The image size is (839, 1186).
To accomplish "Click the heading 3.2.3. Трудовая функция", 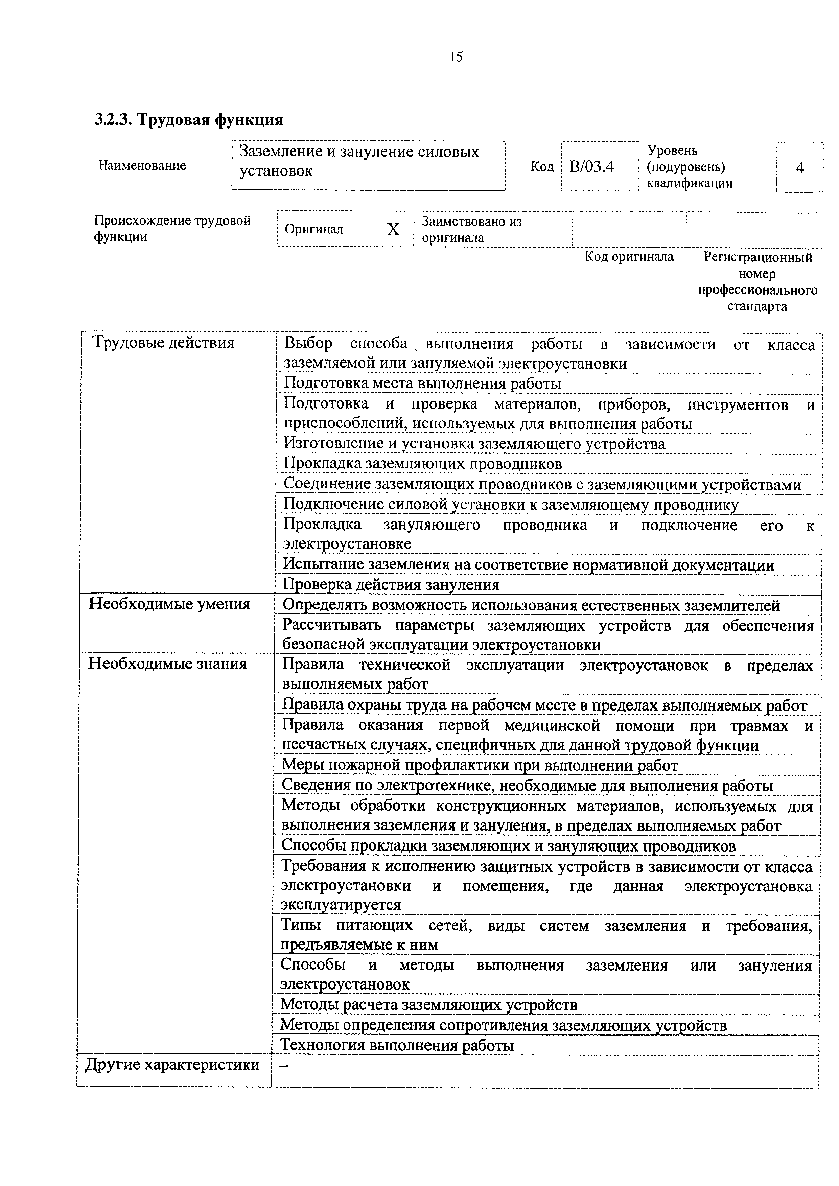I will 189,120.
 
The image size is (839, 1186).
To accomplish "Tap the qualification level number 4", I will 800,168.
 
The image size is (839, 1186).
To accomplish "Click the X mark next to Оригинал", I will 393,229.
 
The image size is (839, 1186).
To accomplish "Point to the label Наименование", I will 142,166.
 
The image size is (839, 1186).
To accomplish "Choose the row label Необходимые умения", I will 169,604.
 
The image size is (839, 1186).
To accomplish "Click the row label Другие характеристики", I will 172,1065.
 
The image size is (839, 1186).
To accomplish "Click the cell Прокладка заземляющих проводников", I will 423,464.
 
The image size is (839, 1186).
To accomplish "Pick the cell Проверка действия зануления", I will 391,585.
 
